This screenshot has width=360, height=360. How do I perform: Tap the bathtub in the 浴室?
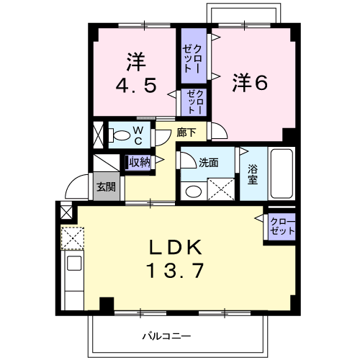(x=282, y=174)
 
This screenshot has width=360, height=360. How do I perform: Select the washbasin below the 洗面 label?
(x=194, y=192)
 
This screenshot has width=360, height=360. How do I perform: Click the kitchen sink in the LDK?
(x=74, y=263)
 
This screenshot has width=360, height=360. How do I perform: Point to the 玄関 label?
(x=107, y=186)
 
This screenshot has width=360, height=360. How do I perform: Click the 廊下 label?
(x=186, y=132)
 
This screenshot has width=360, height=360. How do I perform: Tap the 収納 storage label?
(x=140, y=162)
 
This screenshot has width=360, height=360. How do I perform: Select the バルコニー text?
(x=167, y=336)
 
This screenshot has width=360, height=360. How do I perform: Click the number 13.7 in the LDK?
(x=176, y=270)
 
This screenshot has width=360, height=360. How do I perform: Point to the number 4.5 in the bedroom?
(x=136, y=86)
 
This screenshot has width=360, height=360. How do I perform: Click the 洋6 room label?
(x=250, y=83)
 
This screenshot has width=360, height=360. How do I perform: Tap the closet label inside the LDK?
(x=282, y=227)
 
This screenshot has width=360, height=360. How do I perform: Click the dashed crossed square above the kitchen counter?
(x=72, y=238)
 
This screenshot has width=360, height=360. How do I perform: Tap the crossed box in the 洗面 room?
(x=221, y=189)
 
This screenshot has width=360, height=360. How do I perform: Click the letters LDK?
(x=176, y=247)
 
